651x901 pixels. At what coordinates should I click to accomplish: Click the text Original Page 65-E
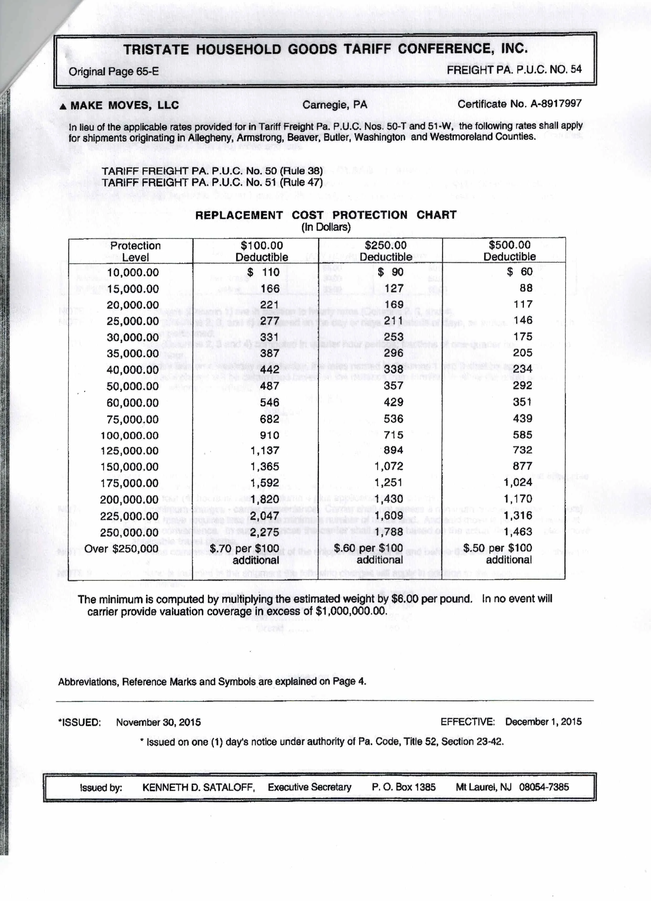(x=113, y=72)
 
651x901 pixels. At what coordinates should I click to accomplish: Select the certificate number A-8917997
(x=556, y=104)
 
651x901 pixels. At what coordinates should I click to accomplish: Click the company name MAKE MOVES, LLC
(x=124, y=106)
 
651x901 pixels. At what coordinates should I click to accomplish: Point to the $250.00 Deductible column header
(x=385, y=251)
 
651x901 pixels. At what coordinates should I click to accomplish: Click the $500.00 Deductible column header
(x=510, y=251)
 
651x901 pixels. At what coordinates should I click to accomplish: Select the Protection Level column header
(x=135, y=251)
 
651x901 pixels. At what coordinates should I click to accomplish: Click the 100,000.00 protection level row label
(x=130, y=435)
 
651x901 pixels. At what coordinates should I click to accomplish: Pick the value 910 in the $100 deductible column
(x=269, y=435)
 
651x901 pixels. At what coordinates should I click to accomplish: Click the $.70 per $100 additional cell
(x=256, y=554)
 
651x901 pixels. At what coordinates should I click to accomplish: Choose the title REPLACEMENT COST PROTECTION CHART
(x=326, y=215)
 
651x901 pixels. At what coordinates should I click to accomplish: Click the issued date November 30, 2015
(x=158, y=722)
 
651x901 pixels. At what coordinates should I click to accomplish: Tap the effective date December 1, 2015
(x=543, y=721)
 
